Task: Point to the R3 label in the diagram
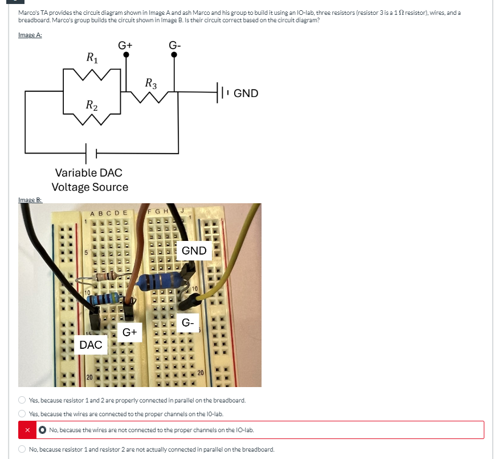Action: coord(151,83)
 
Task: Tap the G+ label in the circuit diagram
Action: coord(125,45)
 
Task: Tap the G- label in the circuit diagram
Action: coord(175,45)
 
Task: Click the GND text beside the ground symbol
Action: coord(246,93)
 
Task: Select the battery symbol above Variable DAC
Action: coord(91,152)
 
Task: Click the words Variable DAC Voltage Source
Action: coord(90,179)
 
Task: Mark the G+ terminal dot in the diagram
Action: coord(126,55)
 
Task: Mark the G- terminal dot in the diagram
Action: coord(175,55)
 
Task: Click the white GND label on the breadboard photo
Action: coord(194,251)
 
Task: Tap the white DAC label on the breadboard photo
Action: coord(91,344)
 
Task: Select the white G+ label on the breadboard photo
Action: coord(129,332)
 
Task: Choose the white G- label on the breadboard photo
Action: coord(189,323)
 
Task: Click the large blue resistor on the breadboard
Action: coord(163,280)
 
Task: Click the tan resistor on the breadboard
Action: coord(108,277)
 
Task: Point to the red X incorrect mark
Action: coord(26,430)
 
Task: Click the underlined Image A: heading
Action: coord(30,36)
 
